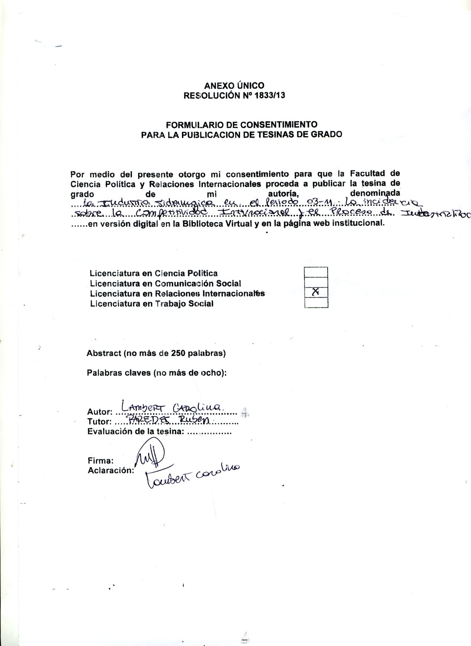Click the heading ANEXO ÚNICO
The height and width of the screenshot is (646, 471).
pyautogui.click(x=234, y=86)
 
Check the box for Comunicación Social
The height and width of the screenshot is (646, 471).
pyautogui.click(x=316, y=283)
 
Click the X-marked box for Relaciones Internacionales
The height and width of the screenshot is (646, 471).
pyautogui.click(x=316, y=293)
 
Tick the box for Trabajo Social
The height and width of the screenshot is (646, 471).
pyautogui.click(x=316, y=303)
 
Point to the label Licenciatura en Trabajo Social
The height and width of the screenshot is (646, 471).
pyautogui.click(x=152, y=304)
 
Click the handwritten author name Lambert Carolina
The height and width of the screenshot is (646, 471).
pyautogui.click(x=172, y=406)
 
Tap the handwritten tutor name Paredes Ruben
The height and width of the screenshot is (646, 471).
pyautogui.click(x=169, y=419)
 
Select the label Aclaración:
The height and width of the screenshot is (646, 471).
pyautogui.click(x=110, y=470)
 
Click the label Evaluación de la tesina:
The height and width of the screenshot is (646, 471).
pyautogui.click(x=136, y=432)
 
